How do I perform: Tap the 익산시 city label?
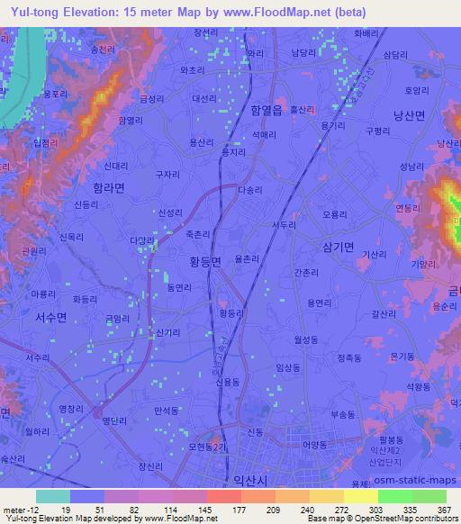[x=250, y=480]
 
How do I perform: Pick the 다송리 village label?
[x=250, y=190]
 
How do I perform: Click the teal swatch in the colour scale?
[x=53, y=496]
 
